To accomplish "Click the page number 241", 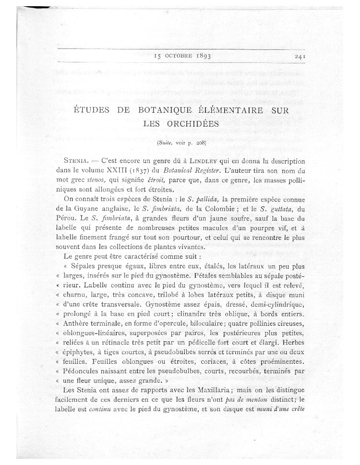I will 301,56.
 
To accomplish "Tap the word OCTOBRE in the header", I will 179,56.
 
